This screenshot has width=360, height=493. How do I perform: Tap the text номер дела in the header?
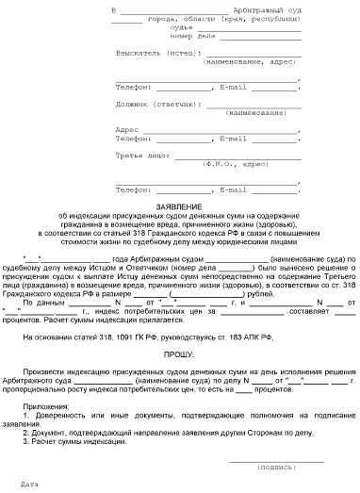pos(202,38)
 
